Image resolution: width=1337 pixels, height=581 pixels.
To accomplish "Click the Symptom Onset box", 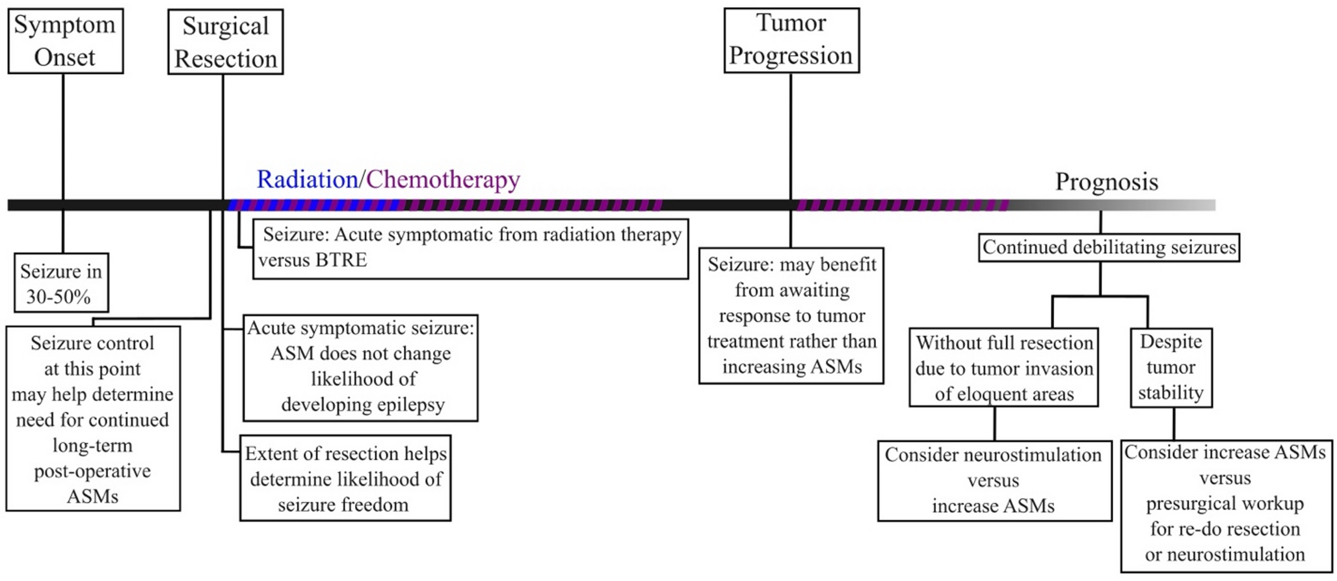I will [65, 40].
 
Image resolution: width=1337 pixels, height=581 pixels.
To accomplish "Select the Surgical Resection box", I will [225, 42].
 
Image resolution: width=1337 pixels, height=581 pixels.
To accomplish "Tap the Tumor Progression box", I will [791, 40].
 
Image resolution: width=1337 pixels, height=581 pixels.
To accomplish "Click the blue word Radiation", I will [307, 180].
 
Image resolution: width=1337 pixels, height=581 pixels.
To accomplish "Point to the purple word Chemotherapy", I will [443, 180].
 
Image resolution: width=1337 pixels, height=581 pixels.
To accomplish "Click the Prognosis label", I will [1106, 182].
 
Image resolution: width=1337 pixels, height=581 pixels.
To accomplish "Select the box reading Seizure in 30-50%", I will [61, 283].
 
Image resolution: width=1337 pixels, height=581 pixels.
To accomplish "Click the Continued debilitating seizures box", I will [1109, 247].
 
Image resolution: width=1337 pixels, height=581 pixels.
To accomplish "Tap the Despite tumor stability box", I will [1171, 368].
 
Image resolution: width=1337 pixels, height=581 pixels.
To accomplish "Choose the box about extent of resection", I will [345, 478].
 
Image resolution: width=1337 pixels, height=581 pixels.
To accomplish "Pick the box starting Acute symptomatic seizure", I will [360, 367].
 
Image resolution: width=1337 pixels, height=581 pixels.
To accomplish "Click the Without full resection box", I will [1003, 368].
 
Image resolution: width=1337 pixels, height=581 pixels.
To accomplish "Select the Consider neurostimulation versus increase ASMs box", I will [994, 480].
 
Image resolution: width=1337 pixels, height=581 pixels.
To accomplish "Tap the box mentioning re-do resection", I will [1225, 504].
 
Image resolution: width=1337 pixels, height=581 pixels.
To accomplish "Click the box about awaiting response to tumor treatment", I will [791, 316].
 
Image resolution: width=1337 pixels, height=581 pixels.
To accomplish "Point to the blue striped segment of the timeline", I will [312, 205].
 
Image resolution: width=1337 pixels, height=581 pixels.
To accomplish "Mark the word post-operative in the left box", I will [92, 471].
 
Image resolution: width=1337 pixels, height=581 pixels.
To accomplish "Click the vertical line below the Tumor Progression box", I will [791, 130].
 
